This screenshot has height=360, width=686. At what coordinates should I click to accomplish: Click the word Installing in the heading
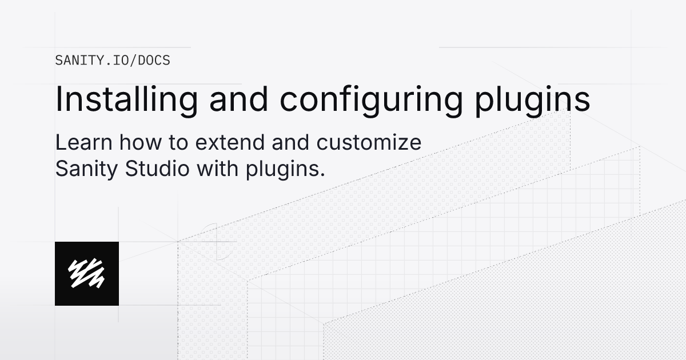126,99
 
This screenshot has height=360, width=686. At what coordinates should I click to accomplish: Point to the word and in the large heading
238,99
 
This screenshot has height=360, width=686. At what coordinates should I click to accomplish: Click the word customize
369,142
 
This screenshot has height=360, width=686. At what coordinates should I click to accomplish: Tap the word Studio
155,169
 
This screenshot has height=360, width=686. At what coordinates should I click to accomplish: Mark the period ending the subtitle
322,174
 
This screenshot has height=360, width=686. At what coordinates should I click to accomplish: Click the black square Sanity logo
87,273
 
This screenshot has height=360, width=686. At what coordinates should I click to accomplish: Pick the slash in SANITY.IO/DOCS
134,61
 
